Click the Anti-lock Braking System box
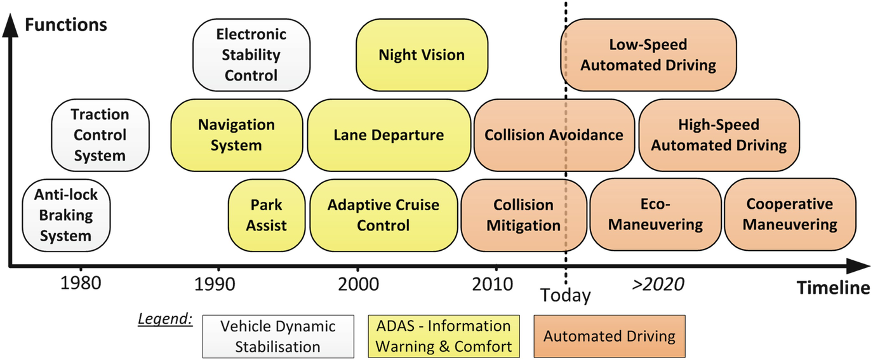pyautogui.click(x=66, y=215)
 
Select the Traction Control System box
pyautogui.click(x=100, y=135)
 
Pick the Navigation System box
pyautogui.click(x=236, y=135)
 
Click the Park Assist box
pyautogui.click(x=266, y=215)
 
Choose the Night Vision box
pyautogui.click(x=422, y=55)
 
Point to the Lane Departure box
pyautogui.click(x=389, y=135)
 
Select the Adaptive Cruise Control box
pyautogui.click(x=383, y=215)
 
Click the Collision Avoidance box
pyautogui.click(x=554, y=135)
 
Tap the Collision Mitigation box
pyautogui.click(x=523, y=215)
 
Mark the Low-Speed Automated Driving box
pyautogui.click(x=648, y=55)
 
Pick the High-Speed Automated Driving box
pyautogui.click(x=719, y=135)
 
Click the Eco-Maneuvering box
pyautogui.click(x=655, y=215)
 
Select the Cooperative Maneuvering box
pyautogui.click(x=790, y=215)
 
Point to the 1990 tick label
pyautogui.click(x=218, y=283)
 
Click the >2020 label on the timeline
pyautogui.click(x=658, y=284)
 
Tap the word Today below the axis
pyautogui.click(x=565, y=295)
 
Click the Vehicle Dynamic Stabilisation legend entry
pyautogui.click(x=277, y=337)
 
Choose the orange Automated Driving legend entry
pyautogui.click(x=610, y=336)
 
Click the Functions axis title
pyautogui.click(x=65, y=25)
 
